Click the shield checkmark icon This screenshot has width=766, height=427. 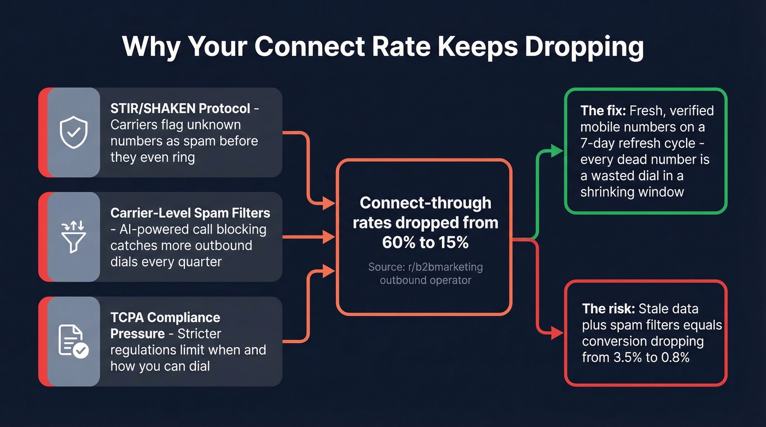click(73, 133)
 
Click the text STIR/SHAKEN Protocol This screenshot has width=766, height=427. click(180, 108)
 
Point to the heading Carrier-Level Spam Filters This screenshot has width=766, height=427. click(190, 213)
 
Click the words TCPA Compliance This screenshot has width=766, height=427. click(165, 318)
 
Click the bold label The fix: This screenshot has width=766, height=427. click(603, 111)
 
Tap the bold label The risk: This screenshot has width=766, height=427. click(608, 309)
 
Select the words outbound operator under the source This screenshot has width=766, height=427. click(425, 280)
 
